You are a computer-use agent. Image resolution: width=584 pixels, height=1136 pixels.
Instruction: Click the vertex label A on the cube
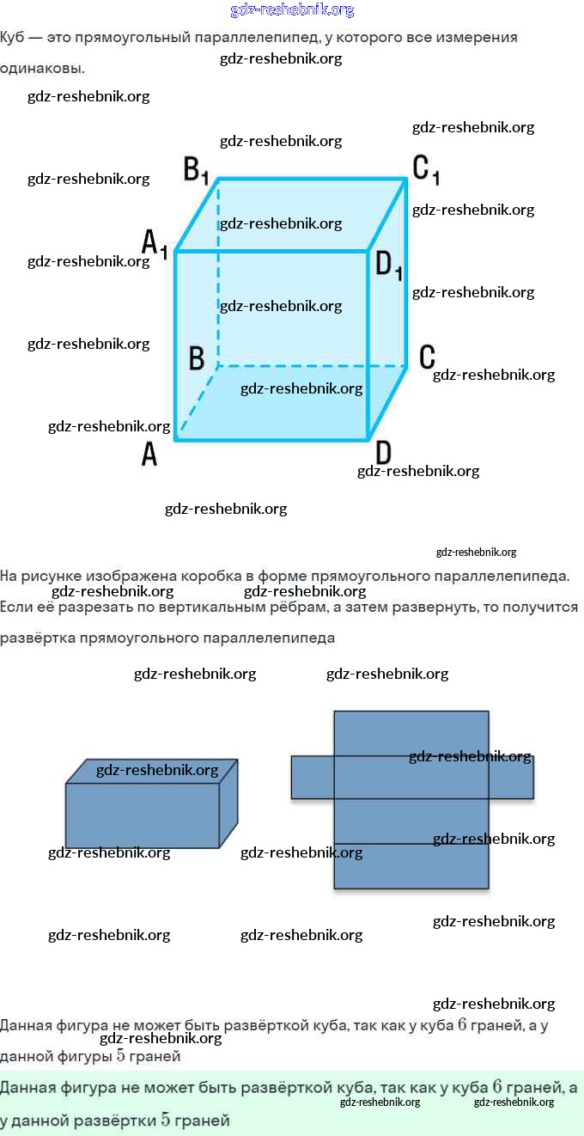click(149, 454)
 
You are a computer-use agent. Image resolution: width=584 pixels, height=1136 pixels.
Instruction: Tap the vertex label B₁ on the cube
click(196, 169)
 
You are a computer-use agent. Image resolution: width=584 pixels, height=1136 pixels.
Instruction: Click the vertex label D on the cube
click(383, 452)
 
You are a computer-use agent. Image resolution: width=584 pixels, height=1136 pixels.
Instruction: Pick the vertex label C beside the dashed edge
click(427, 356)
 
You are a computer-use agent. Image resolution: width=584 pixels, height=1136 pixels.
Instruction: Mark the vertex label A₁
click(155, 243)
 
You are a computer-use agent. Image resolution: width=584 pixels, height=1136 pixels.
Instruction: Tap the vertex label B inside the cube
click(196, 357)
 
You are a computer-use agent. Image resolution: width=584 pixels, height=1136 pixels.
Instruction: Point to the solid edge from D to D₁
click(369, 344)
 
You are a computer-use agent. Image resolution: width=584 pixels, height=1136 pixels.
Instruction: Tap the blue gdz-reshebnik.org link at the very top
click(292, 10)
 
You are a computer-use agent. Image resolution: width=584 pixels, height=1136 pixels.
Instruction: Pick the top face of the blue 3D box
click(151, 771)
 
